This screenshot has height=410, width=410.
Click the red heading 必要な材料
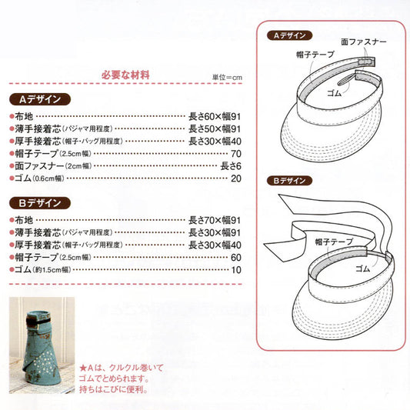[125, 75]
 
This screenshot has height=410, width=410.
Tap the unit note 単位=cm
[227, 77]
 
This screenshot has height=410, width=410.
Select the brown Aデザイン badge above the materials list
[40, 99]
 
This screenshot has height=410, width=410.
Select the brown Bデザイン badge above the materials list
[40, 203]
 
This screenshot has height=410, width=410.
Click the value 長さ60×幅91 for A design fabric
[215, 117]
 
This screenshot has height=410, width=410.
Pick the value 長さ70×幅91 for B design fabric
[215, 221]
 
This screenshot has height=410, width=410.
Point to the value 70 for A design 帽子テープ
[236, 154]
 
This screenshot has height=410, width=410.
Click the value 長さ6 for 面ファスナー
[231, 166]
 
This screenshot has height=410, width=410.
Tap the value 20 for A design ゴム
[236, 178]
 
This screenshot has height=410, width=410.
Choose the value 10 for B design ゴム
[236, 270]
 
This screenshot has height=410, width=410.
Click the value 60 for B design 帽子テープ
[236, 258]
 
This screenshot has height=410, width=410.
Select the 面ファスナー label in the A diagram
[364, 42]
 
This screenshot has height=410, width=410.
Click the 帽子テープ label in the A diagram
[315, 55]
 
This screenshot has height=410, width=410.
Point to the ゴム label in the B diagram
[362, 268]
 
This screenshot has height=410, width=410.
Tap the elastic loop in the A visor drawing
[346, 81]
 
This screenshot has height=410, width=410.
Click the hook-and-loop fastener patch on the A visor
[366, 62]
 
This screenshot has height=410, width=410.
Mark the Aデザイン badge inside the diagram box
[290, 35]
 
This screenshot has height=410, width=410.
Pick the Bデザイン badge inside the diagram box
[290, 181]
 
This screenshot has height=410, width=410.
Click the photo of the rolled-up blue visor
[42, 345]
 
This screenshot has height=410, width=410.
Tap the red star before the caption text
[83, 368]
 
